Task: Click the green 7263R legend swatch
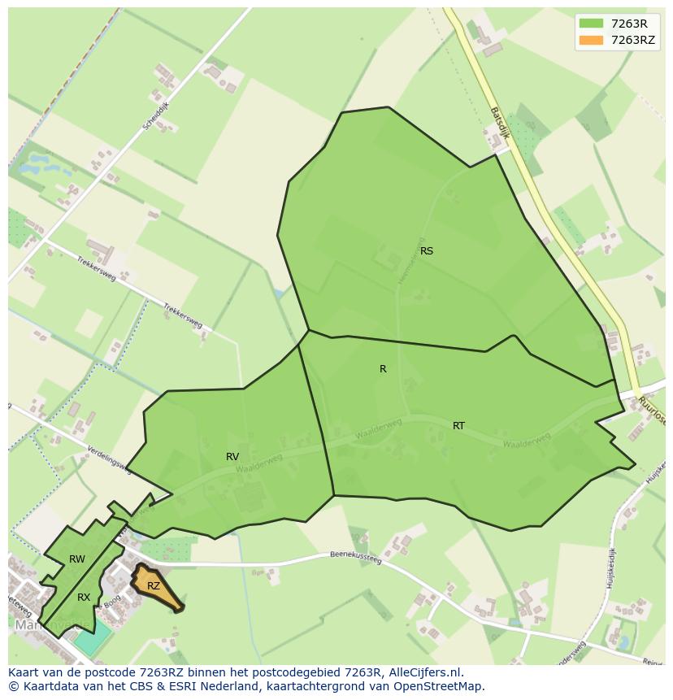pyautogui.click(x=591, y=24)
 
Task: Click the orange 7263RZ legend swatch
pyautogui.click(x=591, y=40)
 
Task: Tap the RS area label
pyautogui.click(x=427, y=251)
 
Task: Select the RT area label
pyautogui.click(x=459, y=426)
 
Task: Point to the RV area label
pyautogui.click(x=232, y=457)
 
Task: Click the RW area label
pyautogui.click(x=77, y=559)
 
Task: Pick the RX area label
pyautogui.click(x=84, y=598)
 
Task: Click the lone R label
pyautogui.click(x=383, y=369)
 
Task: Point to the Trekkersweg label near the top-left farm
pyautogui.click(x=97, y=267)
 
